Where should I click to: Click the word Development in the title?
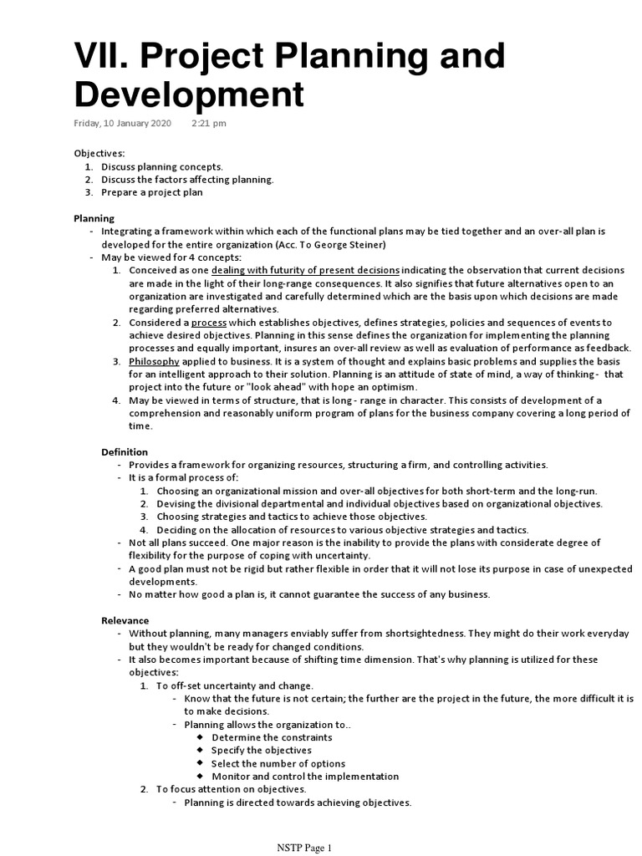(189, 95)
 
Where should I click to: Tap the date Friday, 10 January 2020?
(122, 123)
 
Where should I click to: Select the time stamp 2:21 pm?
(208, 123)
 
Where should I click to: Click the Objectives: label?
(99, 154)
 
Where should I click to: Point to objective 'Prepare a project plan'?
(152, 192)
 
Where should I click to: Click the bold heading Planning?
(94, 218)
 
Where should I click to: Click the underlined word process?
(209, 322)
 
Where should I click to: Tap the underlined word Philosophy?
(154, 361)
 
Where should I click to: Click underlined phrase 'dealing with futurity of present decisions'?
(305, 270)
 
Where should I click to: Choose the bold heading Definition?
(125, 451)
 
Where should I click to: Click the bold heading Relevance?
(125, 620)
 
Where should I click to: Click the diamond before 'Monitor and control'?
(201, 776)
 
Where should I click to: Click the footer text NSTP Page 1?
(304, 848)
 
